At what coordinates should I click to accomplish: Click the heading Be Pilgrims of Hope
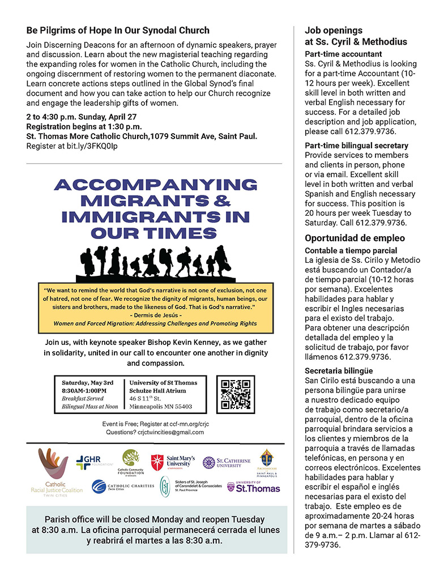coord(118,30)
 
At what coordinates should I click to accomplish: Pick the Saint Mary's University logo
coord(174,462)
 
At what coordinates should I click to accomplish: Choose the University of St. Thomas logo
coord(253,487)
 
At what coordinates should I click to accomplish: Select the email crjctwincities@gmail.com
coord(171,432)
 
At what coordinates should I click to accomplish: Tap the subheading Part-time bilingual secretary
coord(356,146)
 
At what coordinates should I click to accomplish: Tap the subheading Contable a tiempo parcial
coord(351,250)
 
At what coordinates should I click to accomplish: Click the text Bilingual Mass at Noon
coord(90,406)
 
